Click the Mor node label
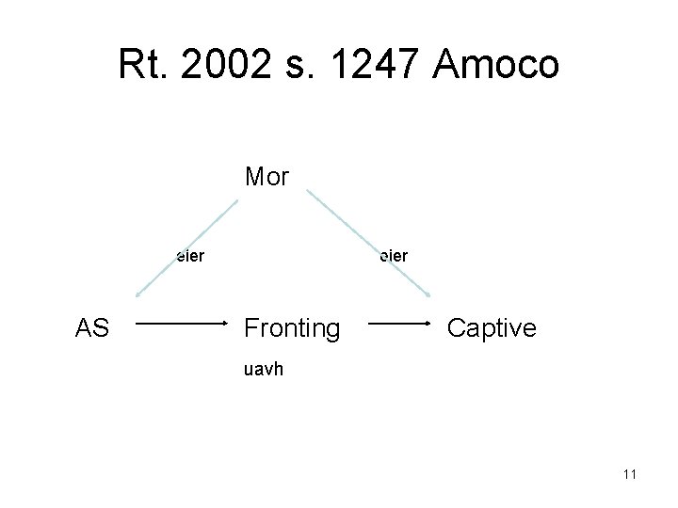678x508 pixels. (266, 177)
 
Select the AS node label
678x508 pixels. (92, 328)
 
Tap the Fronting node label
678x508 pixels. (292, 328)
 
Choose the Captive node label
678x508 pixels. (492, 328)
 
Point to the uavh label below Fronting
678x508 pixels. (263, 370)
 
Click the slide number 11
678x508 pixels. (629, 473)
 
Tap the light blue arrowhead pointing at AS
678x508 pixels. (140, 292)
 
